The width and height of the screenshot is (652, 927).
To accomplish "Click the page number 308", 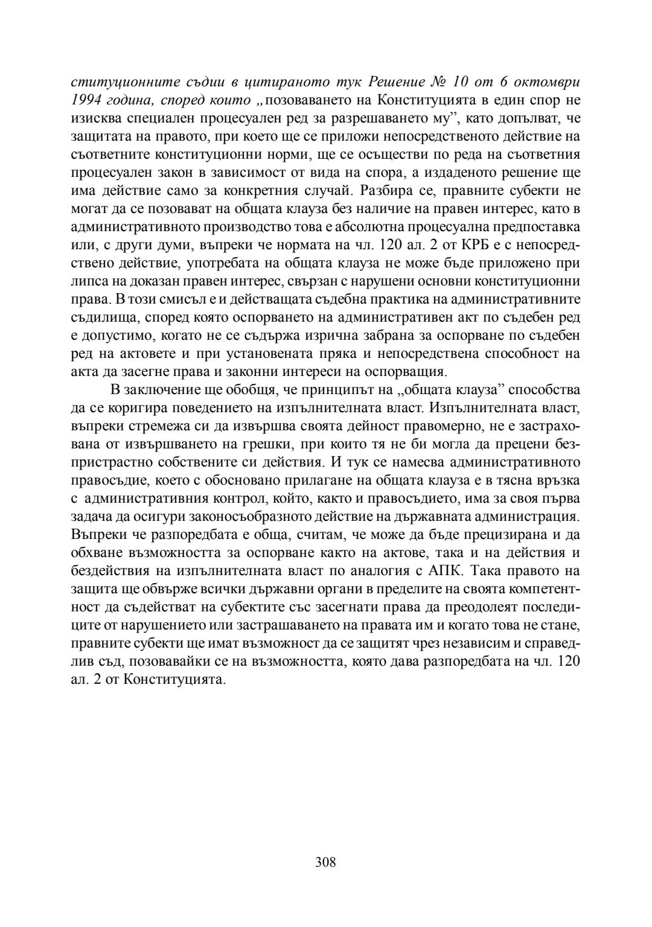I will (x=325, y=861).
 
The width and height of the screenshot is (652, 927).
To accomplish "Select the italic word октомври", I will (x=549, y=81).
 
